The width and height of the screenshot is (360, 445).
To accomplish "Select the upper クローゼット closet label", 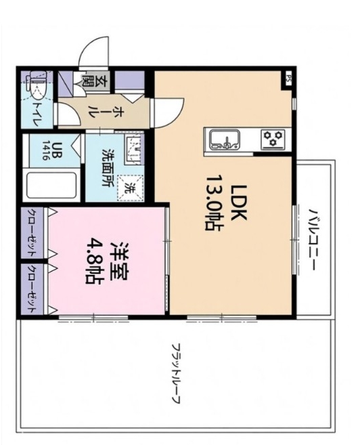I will click(x=32, y=232).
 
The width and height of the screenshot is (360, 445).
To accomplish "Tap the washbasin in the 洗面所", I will click(x=133, y=148).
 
